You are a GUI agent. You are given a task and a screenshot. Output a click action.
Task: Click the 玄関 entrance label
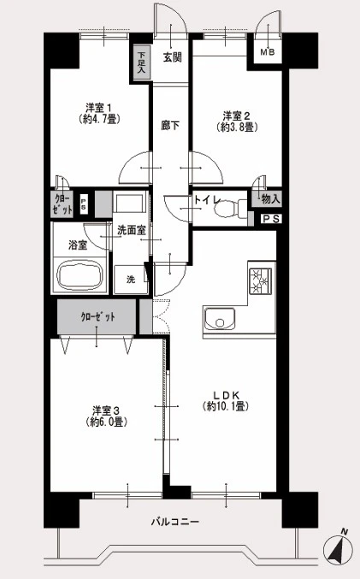(x=173, y=57)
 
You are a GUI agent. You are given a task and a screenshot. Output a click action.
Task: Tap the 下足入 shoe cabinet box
(x=141, y=62)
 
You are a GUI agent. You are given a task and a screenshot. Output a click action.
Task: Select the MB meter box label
(x=268, y=52)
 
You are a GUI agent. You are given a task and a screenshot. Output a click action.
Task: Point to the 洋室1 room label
(x=98, y=108)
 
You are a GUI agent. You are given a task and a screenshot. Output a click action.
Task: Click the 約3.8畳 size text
(x=237, y=127)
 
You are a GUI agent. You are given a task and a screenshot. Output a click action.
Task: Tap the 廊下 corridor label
(x=170, y=126)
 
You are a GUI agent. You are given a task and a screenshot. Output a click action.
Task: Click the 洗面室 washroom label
(x=131, y=230)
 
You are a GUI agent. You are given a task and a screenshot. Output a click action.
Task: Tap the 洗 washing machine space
(x=131, y=280)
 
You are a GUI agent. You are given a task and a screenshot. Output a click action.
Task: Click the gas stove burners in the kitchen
(x=261, y=281)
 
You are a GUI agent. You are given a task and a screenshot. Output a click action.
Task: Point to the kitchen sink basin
(x=220, y=319)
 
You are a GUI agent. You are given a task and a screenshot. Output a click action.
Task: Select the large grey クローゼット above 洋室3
(x=97, y=316)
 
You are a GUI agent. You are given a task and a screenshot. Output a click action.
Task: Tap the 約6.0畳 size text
(x=107, y=422)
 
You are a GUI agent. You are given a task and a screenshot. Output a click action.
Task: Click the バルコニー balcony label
(x=175, y=522)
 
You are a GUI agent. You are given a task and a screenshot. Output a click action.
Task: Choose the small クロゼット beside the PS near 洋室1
(x=62, y=204)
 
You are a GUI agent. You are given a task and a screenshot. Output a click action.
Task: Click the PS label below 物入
(x=271, y=219)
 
